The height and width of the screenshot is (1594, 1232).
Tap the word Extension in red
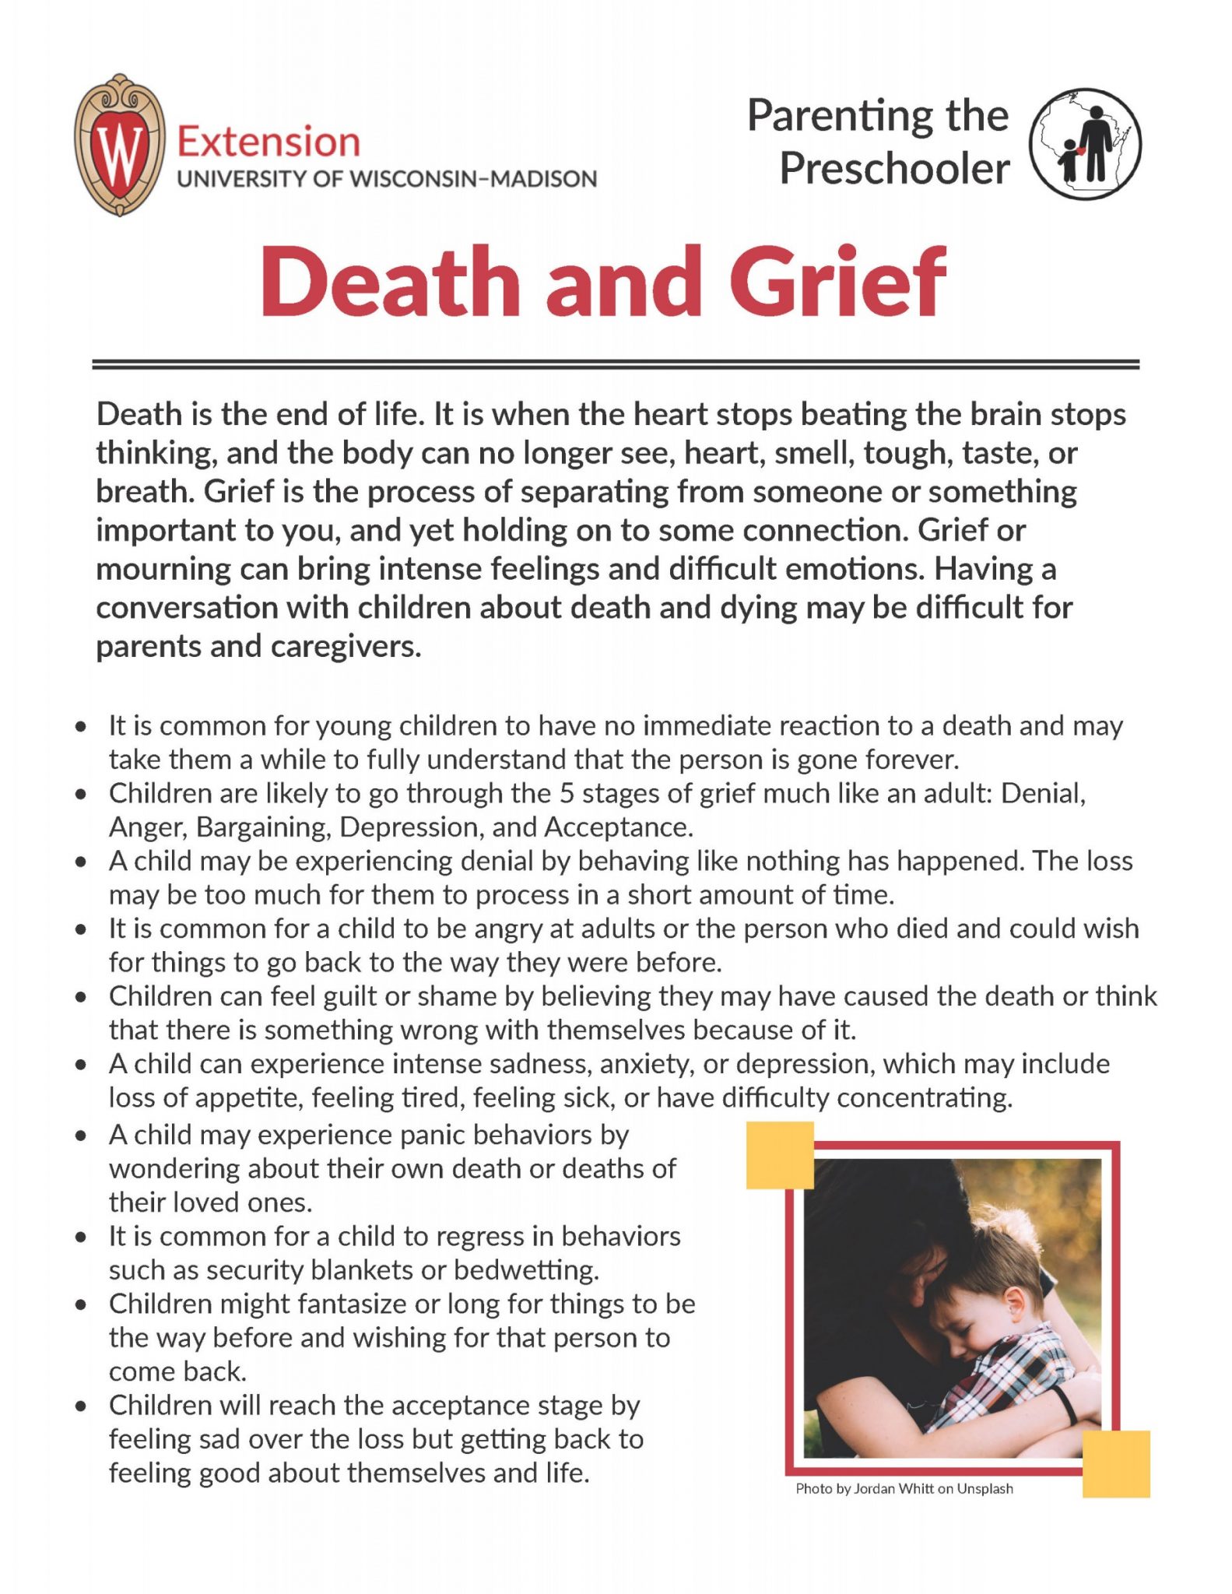click(x=269, y=142)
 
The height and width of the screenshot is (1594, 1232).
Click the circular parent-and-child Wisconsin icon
click(x=1085, y=144)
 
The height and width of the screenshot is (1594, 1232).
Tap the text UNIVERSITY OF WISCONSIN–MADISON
click(x=387, y=179)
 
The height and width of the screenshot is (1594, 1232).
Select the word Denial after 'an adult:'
click(x=1043, y=793)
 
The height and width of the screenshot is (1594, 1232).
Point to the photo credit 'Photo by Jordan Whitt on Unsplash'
click(x=904, y=1489)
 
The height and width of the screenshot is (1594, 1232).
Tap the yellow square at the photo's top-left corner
click(x=780, y=1155)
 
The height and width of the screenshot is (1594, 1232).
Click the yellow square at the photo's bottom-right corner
click(x=1116, y=1463)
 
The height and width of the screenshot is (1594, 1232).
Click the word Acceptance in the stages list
click(x=618, y=827)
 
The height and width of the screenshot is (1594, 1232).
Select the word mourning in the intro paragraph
click(x=163, y=570)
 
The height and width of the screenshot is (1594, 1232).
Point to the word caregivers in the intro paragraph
click(x=346, y=647)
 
